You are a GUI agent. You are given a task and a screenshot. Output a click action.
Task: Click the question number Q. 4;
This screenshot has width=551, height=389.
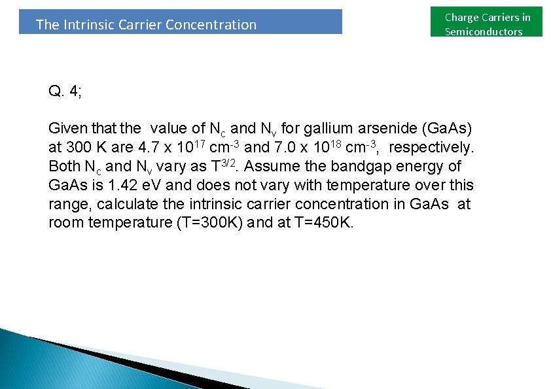[65, 91]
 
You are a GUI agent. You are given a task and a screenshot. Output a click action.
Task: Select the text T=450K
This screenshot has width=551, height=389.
[325, 222]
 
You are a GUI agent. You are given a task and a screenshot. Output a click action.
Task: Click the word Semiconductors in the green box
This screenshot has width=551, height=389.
[484, 31]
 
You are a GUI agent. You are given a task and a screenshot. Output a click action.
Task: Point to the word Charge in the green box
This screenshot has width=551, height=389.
[462, 18]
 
